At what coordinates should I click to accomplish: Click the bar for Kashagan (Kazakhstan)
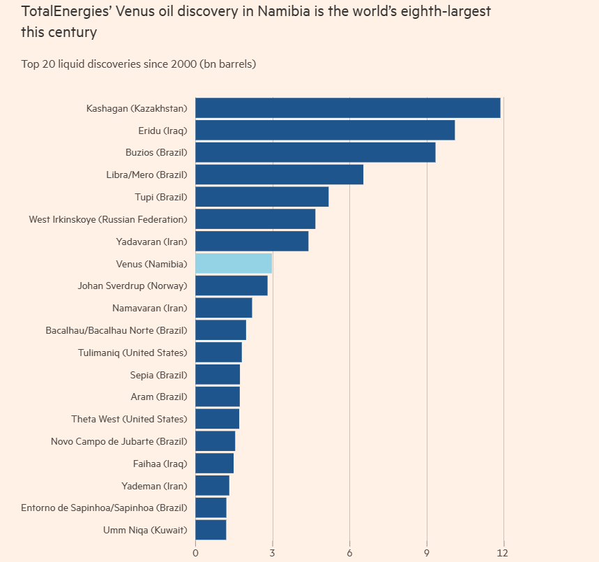(347, 108)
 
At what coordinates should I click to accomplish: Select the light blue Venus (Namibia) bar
(234, 263)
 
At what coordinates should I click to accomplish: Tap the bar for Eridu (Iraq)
(325, 131)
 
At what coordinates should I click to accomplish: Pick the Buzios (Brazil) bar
(315, 152)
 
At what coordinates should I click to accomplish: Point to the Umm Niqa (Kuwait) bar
(211, 530)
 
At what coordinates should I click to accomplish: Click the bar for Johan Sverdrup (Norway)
(231, 286)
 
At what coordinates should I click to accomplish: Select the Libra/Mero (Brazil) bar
(279, 175)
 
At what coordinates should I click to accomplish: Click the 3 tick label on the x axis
(272, 552)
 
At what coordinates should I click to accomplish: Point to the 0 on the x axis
(195, 552)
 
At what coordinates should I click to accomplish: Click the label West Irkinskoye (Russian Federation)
(108, 219)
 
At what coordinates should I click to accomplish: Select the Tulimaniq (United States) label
(132, 353)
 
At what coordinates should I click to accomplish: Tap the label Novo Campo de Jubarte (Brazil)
(119, 441)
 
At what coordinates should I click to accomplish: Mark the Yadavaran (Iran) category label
(152, 242)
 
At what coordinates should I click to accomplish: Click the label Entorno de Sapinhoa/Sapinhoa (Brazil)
(105, 508)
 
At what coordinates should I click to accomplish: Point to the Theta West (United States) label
(129, 419)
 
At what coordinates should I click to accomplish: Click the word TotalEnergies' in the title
(63, 12)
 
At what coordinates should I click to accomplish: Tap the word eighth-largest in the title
(423, 12)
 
